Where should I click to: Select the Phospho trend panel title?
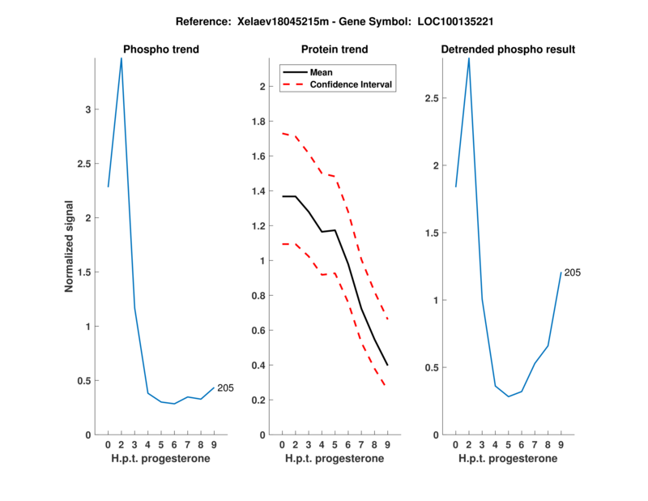click(160, 49)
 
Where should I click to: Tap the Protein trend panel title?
click(334, 49)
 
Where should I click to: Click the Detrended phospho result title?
click(508, 49)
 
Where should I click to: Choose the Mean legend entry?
click(321, 72)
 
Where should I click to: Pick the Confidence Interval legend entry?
click(352, 84)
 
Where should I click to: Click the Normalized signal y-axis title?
click(70, 246)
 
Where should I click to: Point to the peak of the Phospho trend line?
click(122, 58)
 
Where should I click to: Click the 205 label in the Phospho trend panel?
click(225, 388)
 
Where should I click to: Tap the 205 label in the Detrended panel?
click(573, 272)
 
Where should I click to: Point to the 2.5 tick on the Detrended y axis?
click(435, 98)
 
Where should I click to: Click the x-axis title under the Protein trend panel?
click(334, 458)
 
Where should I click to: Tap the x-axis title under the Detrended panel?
click(508, 458)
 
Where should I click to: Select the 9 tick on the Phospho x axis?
click(214, 444)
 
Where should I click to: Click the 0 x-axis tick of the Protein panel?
click(282, 444)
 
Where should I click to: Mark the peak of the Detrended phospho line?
click(468, 58)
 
